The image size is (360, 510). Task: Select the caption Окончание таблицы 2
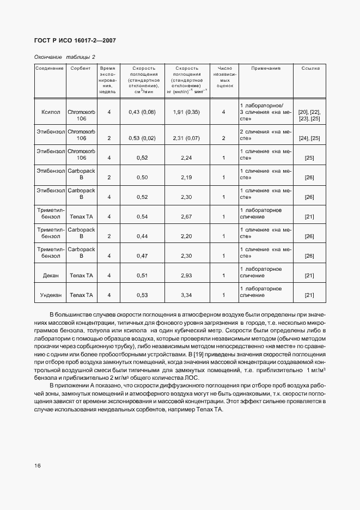[64, 57]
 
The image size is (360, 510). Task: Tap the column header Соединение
[50, 69]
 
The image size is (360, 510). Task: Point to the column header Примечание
[265, 69]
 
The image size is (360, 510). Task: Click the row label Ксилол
[50, 112]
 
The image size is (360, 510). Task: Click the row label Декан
[50, 276]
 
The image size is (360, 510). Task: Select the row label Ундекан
[50, 295]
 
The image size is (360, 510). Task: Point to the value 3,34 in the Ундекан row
[186, 295]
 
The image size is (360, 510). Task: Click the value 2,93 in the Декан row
[186, 276]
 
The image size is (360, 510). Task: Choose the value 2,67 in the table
[186, 217]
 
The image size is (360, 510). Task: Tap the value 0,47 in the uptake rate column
[142, 256]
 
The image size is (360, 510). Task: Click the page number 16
[38, 466]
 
